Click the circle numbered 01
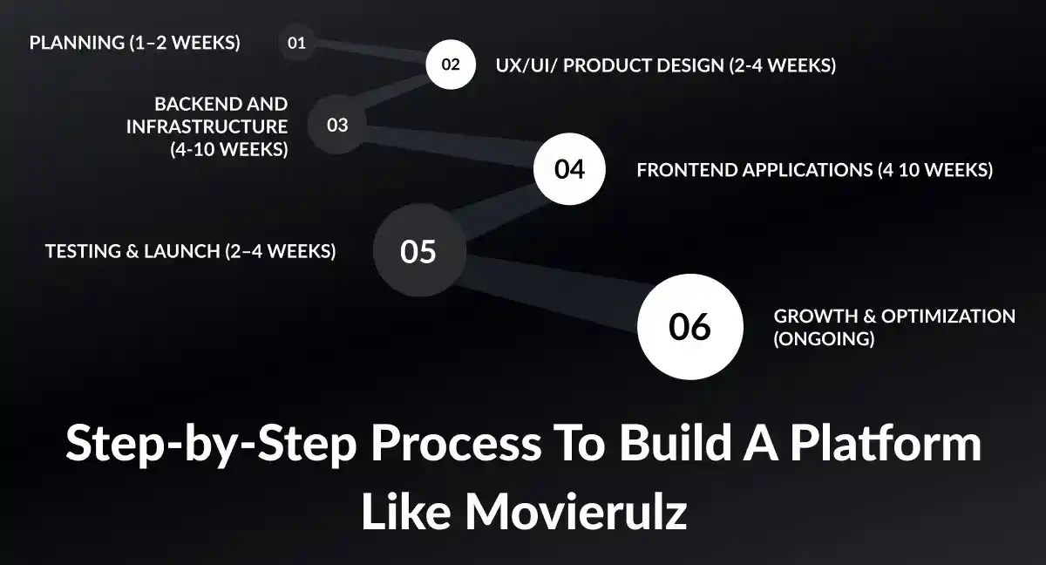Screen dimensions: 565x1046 tap(296, 43)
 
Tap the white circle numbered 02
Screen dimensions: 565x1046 tap(451, 65)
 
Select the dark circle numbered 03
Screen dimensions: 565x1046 tap(337, 126)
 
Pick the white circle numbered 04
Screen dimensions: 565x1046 tap(569, 169)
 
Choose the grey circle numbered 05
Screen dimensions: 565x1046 tap(418, 251)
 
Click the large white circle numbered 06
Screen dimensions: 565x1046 tap(689, 327)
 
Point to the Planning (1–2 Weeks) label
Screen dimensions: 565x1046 tap(135, 43)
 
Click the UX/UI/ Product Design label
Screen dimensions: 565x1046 tap(665, 65)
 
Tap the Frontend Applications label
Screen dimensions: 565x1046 tap(814, 170)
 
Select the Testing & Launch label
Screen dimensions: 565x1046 tap(190, 251)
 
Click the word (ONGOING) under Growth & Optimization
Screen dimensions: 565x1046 tap(824, 339)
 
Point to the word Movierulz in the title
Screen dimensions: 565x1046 tap(576, 513)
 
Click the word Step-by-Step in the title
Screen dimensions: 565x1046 tap(210, 445)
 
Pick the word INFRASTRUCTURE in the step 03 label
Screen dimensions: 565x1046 tap(207, 127)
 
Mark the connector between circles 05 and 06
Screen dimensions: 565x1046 tap(554, 288)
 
